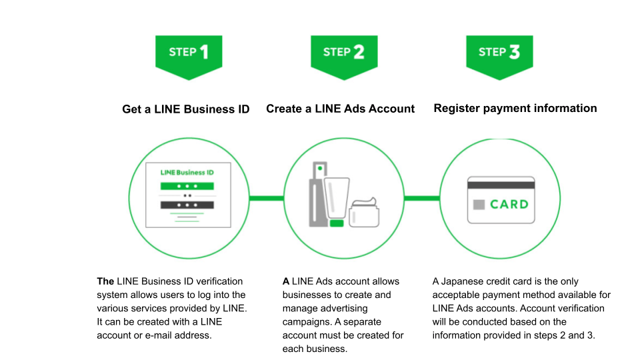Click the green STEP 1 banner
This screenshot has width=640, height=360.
(x=188, y=53)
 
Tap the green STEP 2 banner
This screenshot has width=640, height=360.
(x=343, y=53)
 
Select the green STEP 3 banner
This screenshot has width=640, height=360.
(x=499, y=53)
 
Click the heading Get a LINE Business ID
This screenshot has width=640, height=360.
(x=186, y=109)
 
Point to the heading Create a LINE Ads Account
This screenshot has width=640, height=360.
(x=341, y=109)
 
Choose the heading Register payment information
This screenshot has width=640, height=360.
(x=515, y=108)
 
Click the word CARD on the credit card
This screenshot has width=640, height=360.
(x=509, y=204)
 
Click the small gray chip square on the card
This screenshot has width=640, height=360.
(x=479, y=205)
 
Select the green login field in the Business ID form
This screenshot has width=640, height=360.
(x=187, y=185)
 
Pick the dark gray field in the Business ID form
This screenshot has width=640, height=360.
(x=187, y=205)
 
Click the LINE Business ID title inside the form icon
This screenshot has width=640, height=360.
(x=187, y=173)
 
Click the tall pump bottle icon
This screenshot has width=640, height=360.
(x=318, y=193)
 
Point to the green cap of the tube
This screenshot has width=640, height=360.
(x=337, y=223)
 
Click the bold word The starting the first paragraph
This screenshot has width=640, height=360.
(x=105, y=281)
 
